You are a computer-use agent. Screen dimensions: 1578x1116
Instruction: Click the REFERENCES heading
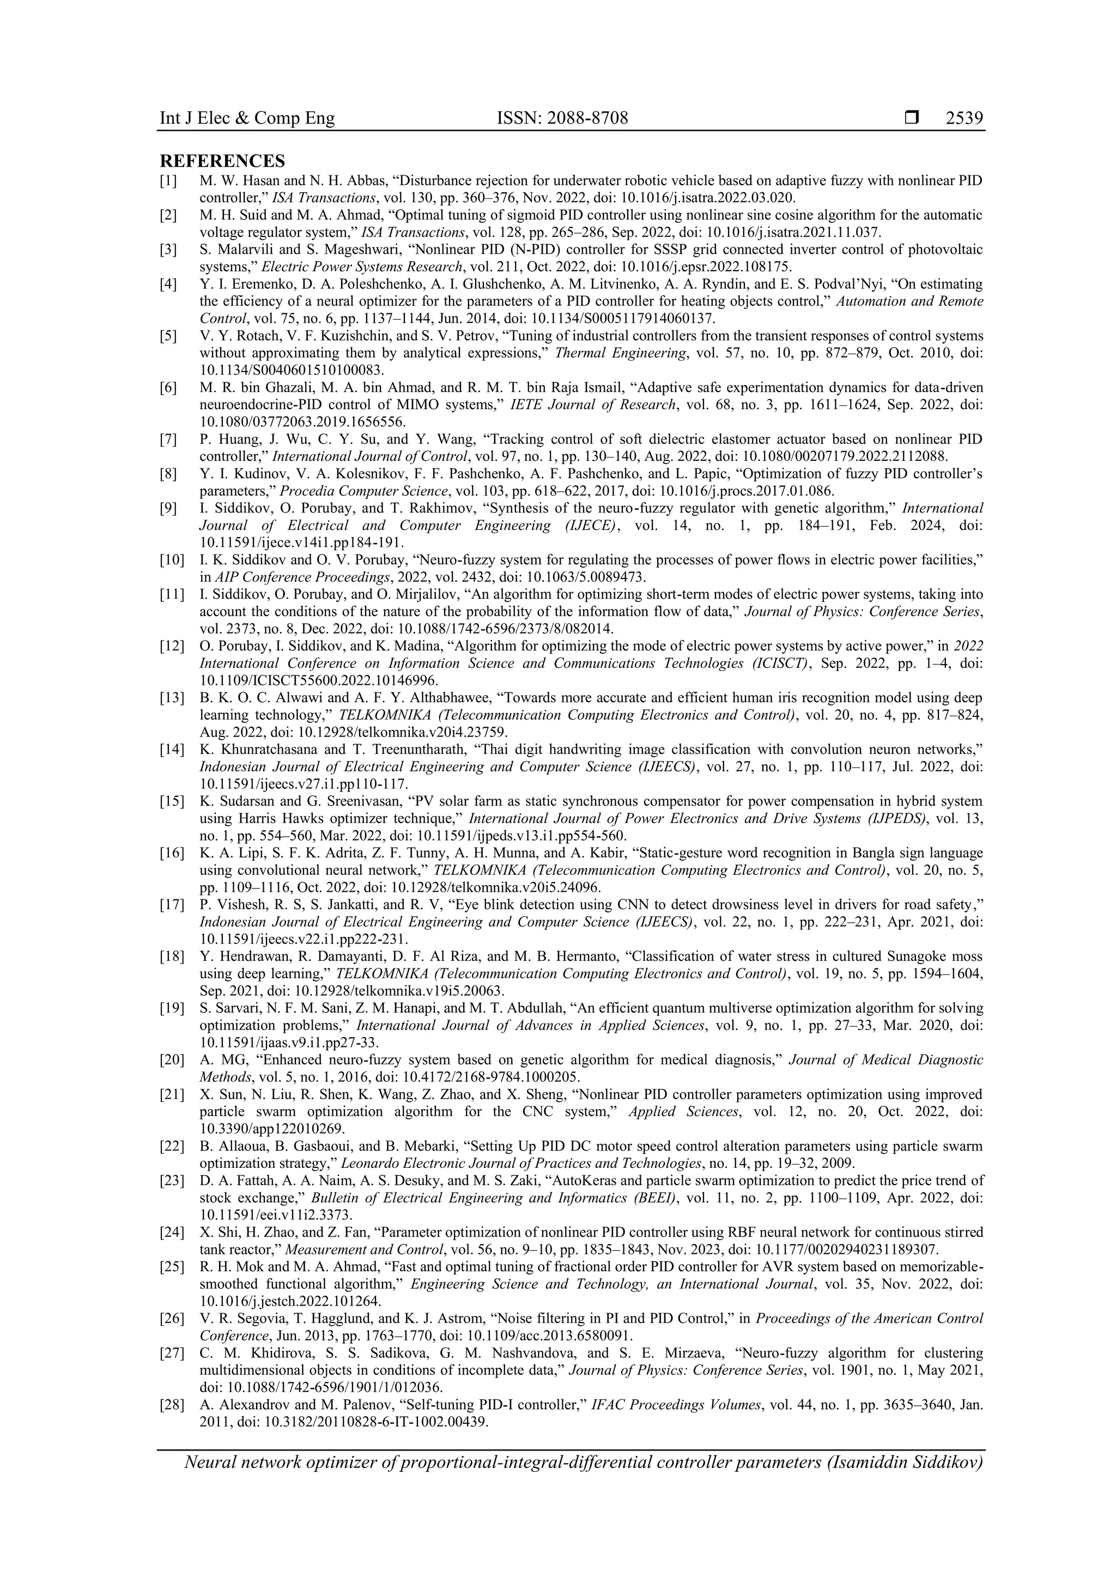pos(222,161)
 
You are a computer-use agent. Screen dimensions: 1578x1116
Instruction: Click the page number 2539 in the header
pos(964,118)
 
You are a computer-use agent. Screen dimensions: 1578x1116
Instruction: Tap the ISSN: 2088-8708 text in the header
pos(562,118)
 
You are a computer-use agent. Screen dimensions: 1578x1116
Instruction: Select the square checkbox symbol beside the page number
pos(912,118)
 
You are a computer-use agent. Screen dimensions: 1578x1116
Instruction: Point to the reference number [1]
pos(168,181)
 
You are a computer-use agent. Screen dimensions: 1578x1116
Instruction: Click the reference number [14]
pos(171,749)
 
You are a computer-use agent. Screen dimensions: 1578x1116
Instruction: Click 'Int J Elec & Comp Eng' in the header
pos(247,118)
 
